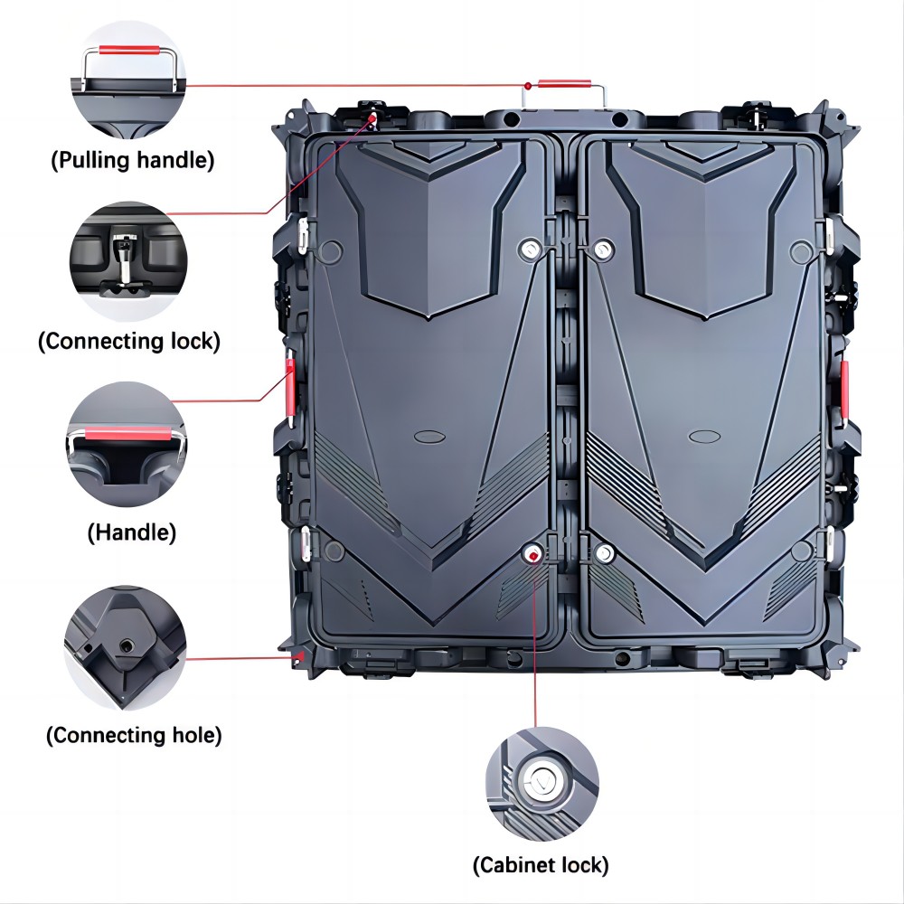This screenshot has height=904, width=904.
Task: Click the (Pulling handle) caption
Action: point(133,160)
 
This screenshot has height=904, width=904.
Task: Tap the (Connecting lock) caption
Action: point(129,341)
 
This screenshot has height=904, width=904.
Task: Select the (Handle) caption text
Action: point(131,532)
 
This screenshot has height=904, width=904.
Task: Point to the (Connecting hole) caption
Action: point(134,735)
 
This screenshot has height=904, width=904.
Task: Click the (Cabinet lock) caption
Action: point(541,865)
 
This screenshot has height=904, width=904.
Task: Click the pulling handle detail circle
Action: point(128,80)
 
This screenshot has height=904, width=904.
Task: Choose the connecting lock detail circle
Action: point(128,261)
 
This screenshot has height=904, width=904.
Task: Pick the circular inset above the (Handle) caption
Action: point(127,444)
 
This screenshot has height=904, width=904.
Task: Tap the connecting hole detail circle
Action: point(125,648)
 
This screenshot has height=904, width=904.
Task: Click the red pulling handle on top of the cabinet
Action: point(564,85)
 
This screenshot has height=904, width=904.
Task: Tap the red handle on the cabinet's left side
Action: point(290,386)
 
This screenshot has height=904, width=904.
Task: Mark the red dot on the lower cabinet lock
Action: point(533,556)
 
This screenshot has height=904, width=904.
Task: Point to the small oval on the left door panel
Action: point(429,437)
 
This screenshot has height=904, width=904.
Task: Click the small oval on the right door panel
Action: point(704,437)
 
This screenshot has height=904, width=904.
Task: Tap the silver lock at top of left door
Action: point(530,250)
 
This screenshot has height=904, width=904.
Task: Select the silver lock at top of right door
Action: point(602,250)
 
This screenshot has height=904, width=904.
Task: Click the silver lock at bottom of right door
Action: point(603,554)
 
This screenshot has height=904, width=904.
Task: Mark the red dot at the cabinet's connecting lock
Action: point(373,118)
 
